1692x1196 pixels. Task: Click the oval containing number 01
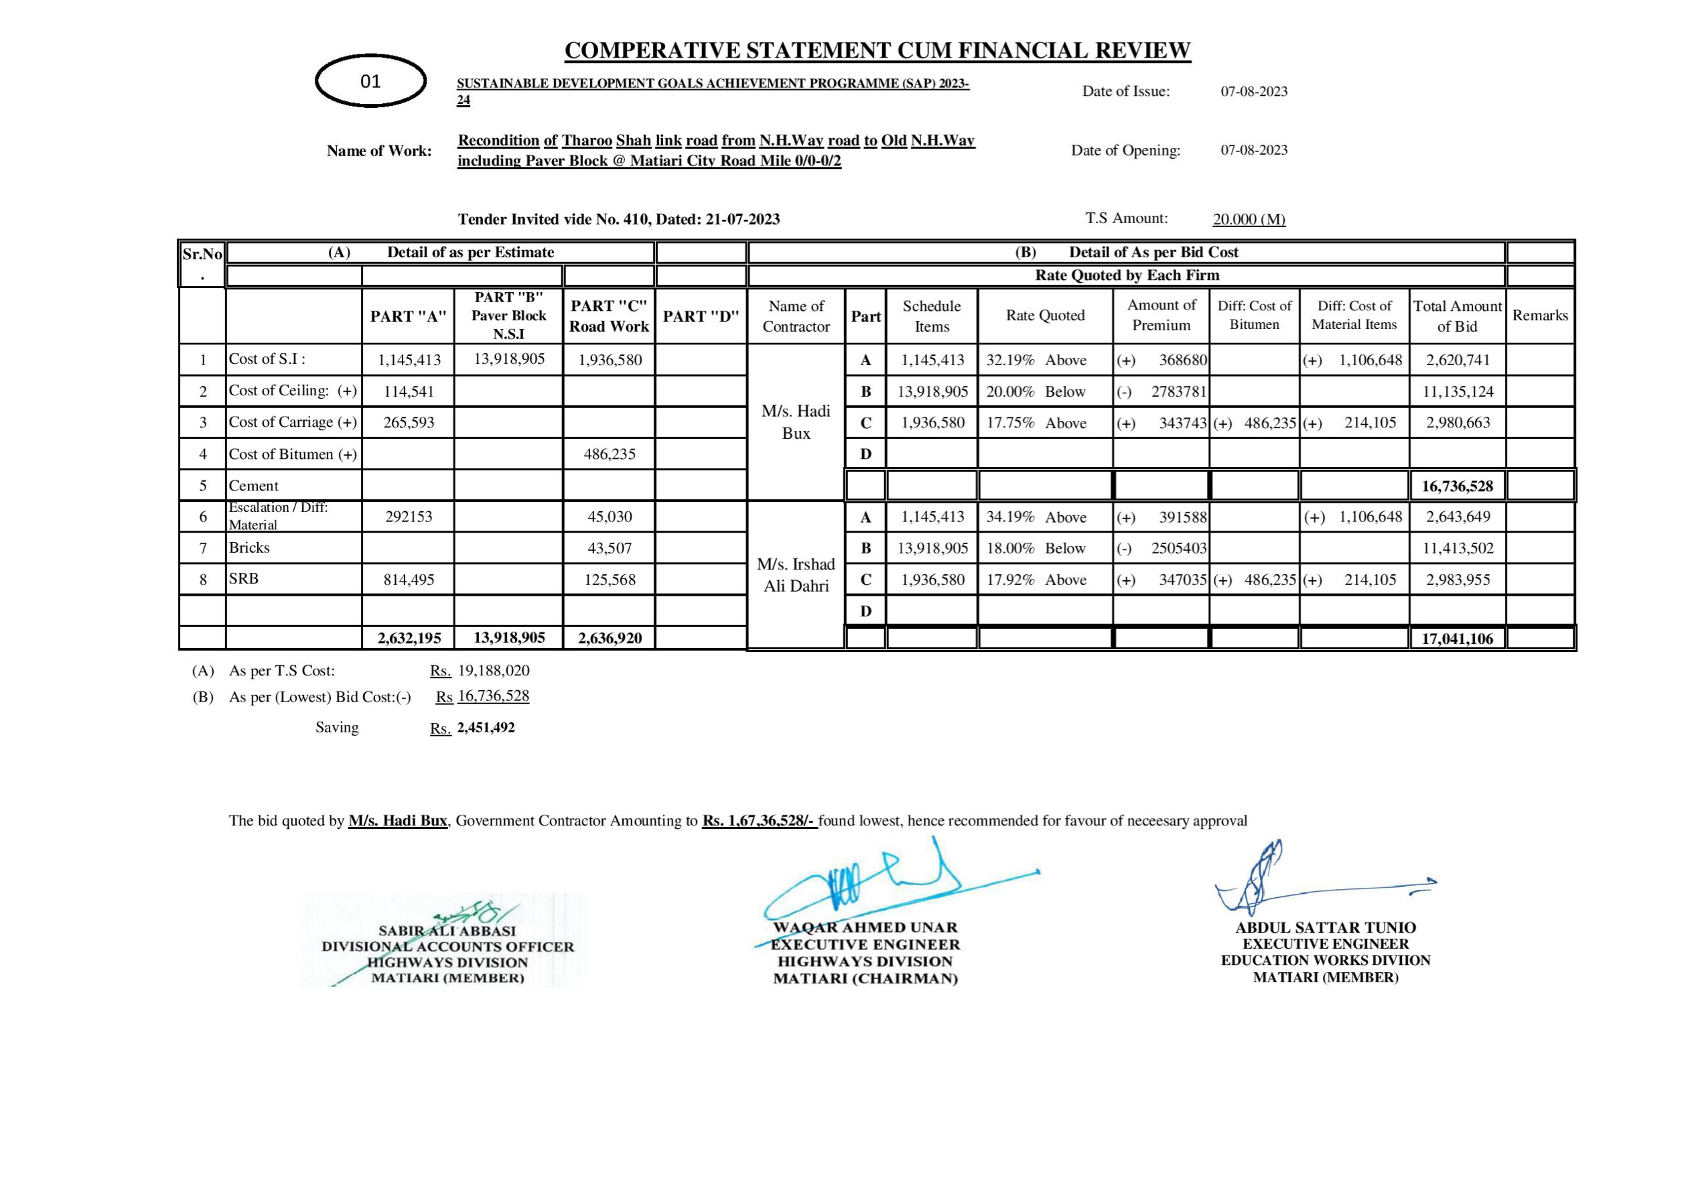370,81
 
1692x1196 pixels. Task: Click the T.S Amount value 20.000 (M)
1249,219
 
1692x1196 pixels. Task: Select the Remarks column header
1539,316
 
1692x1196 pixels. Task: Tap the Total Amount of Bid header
1457,316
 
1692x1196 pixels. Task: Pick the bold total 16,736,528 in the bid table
1457,486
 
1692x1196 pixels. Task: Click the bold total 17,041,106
1457,639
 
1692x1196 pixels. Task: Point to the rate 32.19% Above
1036,360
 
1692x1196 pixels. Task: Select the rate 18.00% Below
1036,549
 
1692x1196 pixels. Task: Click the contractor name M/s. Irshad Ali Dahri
796,574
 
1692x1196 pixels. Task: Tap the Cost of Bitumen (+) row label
293,454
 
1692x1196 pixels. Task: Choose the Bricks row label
249,548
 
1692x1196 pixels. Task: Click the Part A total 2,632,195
409,638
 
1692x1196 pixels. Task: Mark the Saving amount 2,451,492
486,728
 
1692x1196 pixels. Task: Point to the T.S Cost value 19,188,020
493,671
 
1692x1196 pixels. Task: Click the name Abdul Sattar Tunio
1325,927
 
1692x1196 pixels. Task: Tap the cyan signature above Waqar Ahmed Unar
869,885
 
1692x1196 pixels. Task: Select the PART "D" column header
700,316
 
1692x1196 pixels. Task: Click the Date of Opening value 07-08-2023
1253,151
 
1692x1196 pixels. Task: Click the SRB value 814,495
409,580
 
